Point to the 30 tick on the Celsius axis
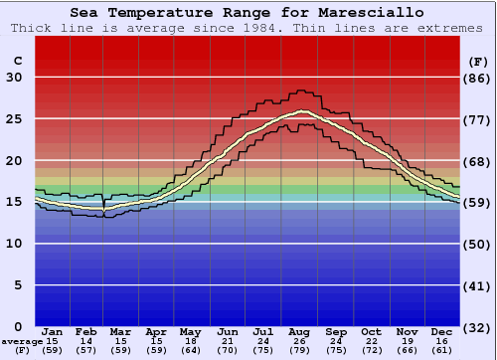tap(14, 78)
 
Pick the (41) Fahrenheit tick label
tap(478, 285)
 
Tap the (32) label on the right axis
tap(478, 327)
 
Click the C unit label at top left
tap(17, 61)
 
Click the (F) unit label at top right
tap(478, 61)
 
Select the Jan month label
tap(53, 331)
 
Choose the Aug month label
tap(300, 331)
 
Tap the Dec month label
tap(441, 331)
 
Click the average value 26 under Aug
tap(300, 341)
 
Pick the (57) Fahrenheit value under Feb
tap(87, 350)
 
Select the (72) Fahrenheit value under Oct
tap(371, 350)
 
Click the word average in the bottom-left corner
tap(21, 341)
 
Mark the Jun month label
tap(229, 331)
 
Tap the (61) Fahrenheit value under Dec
tap(441, 350)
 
